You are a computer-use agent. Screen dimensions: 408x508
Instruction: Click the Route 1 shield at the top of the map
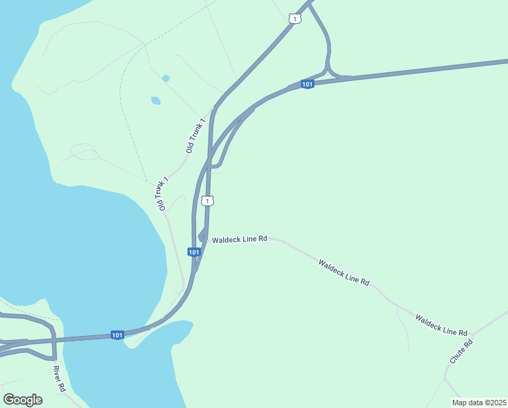point(293,18)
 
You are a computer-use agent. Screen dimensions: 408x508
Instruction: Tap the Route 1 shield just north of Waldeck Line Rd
point(208,201)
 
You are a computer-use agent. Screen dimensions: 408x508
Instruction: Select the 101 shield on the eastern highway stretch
point(307,84)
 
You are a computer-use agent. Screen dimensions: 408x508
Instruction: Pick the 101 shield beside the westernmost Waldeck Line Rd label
point(194,252)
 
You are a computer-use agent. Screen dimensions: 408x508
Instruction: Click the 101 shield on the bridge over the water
point(117,335)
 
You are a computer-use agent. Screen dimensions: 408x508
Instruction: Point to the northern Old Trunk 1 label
point(196,135)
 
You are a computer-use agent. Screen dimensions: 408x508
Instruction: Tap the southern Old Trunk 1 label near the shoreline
point(161,194)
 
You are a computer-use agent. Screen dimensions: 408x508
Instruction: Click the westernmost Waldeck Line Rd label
point(239,239)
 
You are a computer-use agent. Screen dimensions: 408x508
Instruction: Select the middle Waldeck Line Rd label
point(344,271)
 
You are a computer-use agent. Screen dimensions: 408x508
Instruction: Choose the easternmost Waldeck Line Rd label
point(441,325)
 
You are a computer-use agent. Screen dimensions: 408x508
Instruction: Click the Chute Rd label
point(460,351)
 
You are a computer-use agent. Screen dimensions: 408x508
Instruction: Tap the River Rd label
point(59,378)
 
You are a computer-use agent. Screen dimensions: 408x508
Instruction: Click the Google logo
point(22,400)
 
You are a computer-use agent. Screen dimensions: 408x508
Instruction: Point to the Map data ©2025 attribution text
point(478,403)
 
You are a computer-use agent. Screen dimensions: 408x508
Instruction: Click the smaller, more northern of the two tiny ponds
point(165,78)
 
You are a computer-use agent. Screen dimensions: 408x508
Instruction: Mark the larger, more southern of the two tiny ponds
point(156,101)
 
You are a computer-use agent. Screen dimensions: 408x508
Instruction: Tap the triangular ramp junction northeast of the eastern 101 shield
point(329,71)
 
